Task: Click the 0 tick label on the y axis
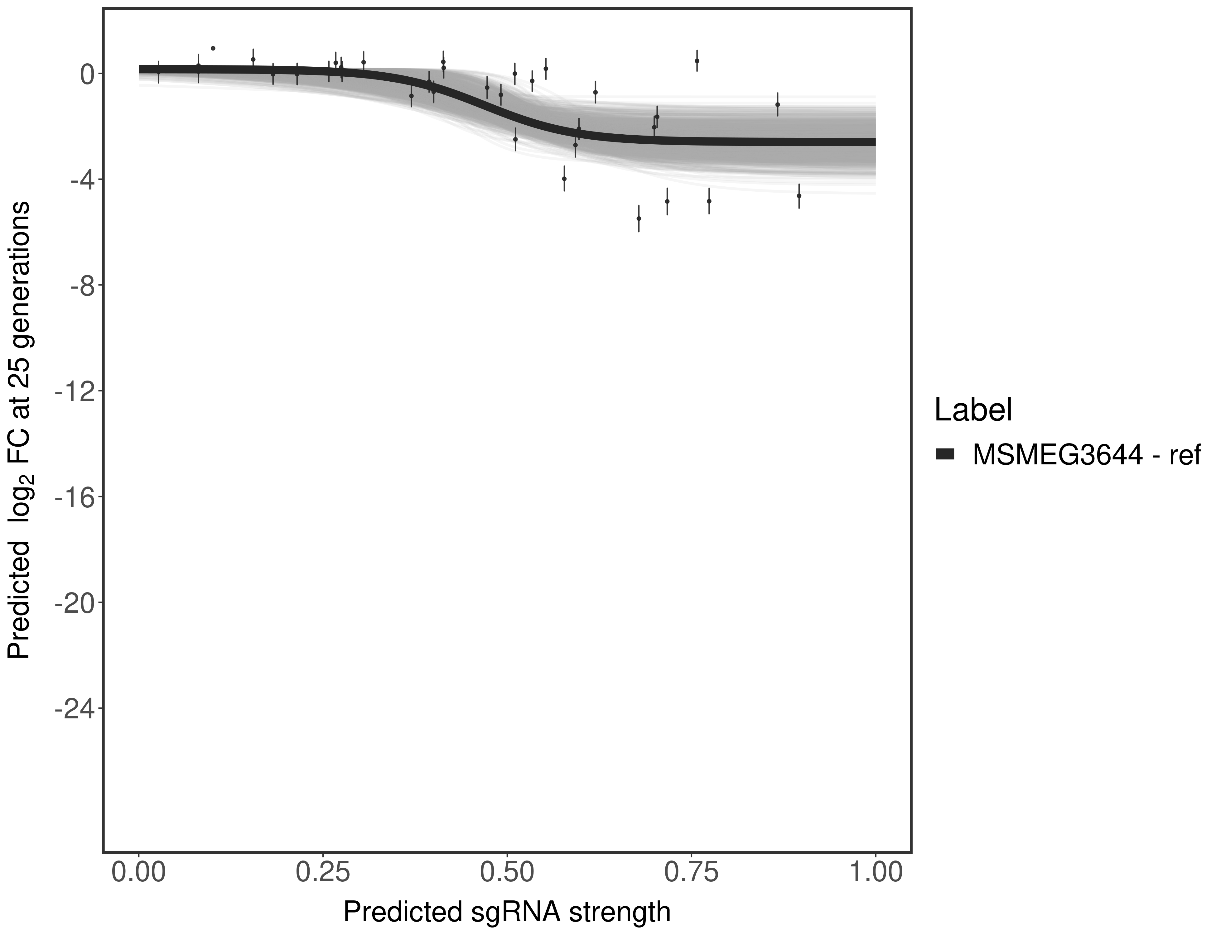[x=87, y=74]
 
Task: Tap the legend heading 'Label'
[x=973, y=410]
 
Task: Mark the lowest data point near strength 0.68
[x=639, y=218]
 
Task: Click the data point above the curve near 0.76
[x=697, y=61]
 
